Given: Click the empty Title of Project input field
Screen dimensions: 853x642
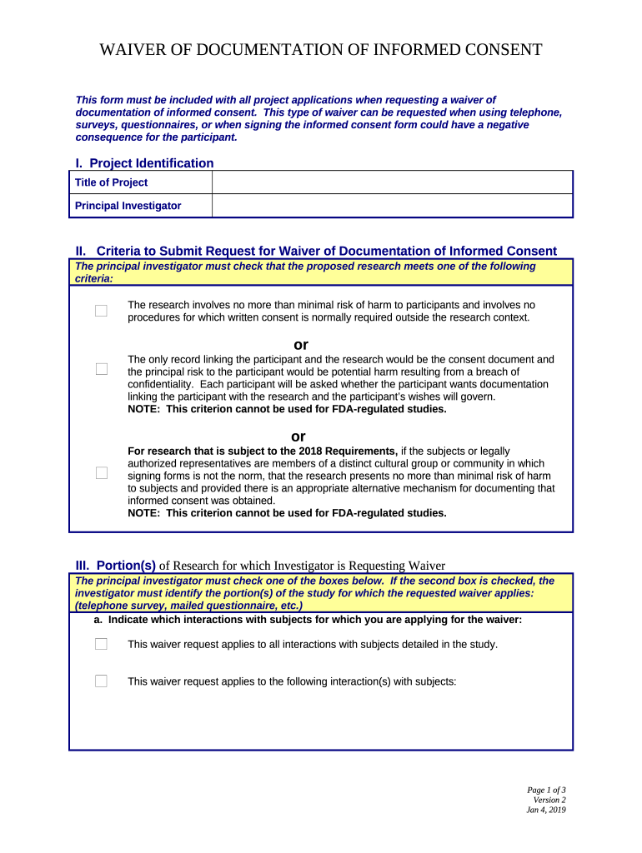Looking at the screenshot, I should (x=392, y=182).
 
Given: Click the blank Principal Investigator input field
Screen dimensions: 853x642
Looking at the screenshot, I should (x=392, y=206).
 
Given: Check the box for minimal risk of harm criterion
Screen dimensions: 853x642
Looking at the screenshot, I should (x=101, y=311).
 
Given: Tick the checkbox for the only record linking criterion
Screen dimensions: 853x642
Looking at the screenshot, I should (x=101, y=369).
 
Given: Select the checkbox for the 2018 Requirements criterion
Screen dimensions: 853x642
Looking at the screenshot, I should (x=101, y=473).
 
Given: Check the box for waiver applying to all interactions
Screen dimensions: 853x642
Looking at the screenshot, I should (x=101, y=644).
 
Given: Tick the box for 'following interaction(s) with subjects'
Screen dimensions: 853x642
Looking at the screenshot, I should (x=101, y=681).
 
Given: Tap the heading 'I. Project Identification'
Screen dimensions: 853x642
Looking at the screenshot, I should (x=144, y=163).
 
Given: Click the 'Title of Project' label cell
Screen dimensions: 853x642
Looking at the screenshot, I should (x=112, y=182).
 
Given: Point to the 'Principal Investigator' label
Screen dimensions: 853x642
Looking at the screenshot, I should (x=128, y=206).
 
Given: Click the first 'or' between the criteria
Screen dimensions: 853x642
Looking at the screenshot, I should (x=301, y=345).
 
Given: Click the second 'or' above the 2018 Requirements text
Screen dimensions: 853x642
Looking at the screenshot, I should (x=298, y=436).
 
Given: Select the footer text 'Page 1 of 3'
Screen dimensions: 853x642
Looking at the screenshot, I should (x=546, y=790).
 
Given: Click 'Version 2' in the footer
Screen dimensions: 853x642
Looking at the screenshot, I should (x=549, y=800).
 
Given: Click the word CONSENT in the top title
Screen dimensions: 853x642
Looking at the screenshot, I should (x=501, y=50).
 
